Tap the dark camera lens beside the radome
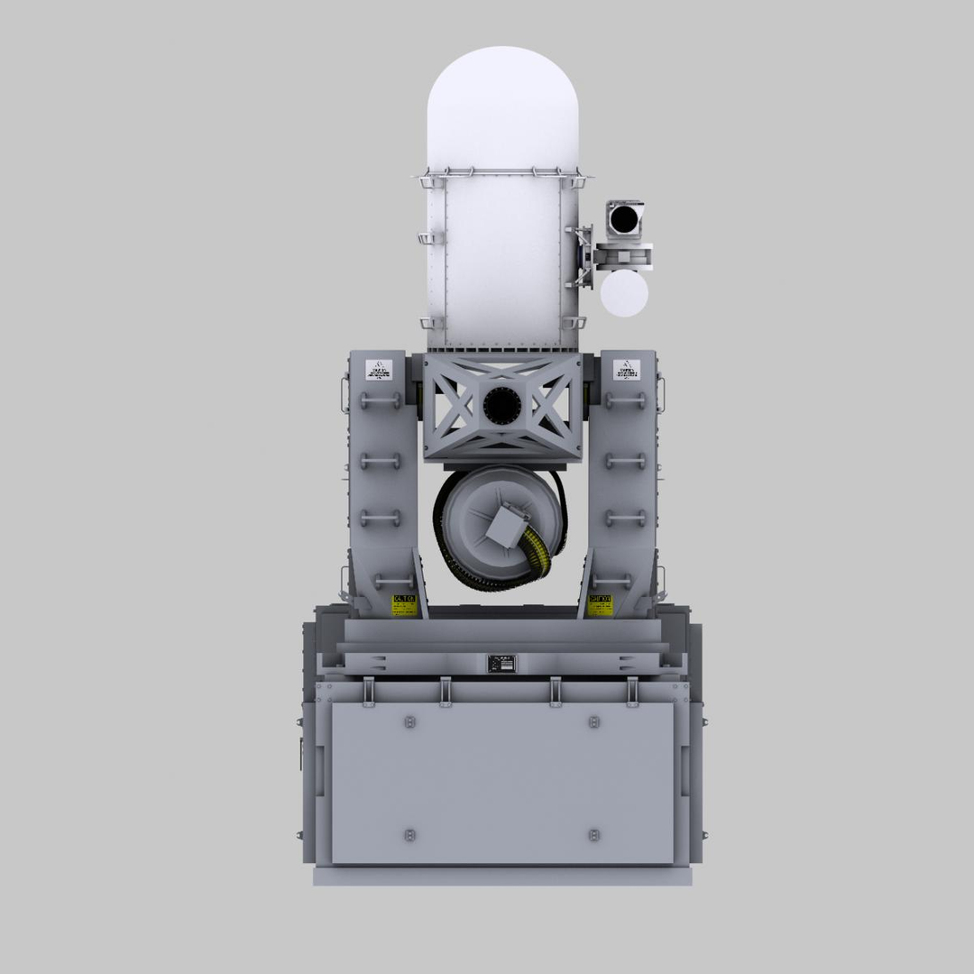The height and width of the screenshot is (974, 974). click(x=623, y=218)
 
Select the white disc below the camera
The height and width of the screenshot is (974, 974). click(x=624, y=295)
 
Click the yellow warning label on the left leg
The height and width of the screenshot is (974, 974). click(x=403, y=603)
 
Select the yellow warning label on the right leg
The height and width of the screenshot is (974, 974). click(x=601, y=603)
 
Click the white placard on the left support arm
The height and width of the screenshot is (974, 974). click(x=379, y=370)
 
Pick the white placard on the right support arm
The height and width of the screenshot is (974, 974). click(x=626, y=370)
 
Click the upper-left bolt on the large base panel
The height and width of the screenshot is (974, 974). click(x=410, y=721)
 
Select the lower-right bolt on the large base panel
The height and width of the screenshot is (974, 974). click(x=593, y=834)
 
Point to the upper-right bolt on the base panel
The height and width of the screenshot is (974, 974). click(x=593, y=721)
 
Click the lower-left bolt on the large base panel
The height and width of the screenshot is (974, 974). click(x=410, y=834)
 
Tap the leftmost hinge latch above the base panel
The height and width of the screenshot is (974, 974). click(x=369, y=690)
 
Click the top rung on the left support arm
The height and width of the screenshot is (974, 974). click(x=381, y=398)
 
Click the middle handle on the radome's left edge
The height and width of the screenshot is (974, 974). click(x=427, y=238)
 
